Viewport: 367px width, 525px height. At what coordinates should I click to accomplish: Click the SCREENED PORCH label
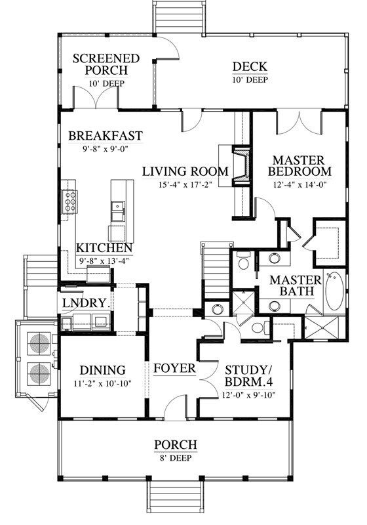pyautogui.click(x=106, y=64)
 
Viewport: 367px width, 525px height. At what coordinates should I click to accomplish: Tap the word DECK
pyautogui.click(x=250, y=67)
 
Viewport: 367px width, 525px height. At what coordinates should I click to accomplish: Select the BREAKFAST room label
pyautogui.click(x=106, y=136)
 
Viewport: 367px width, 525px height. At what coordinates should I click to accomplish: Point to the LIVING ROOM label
pyautogui.click(x=185, y=171)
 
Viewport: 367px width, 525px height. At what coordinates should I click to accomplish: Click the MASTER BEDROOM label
pyautogui.click(x=299, y=166)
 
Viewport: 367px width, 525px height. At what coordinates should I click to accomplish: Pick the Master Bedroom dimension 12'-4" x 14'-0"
pyautogui.click(x=299, y=184)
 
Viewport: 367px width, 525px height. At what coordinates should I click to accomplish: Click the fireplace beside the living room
pyautogui.click(x=241, y=166)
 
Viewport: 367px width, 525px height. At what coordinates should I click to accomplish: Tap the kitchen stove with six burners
pyautogui.click(x=69, y=201)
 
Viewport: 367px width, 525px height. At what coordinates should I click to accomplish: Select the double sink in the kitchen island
pyautogui.click(x=118, y=211)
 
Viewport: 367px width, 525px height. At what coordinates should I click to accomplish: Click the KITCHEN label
pyautogui.click(x=104, y=248)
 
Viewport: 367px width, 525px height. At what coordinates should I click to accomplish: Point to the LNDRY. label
pyautogui.click(x=87, y=303)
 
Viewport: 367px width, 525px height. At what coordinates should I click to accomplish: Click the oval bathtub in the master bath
pyautogui.click(x=334, y=291)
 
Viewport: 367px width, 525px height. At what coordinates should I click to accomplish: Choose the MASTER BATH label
pyautogui.click(x=295, y=285)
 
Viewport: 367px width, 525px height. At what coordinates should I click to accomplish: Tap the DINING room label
pyautogui.click(x=103, y=370)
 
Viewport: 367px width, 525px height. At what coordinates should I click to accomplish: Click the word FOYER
pyautogui.click(x=174, y=368)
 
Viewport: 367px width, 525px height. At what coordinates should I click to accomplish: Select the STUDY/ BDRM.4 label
pyautogui.click(x=248, y=376)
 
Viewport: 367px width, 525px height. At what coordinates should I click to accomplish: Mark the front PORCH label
pyautogui.click(x=176, y=445)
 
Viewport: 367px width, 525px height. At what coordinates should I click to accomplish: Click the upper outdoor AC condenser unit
pyautogui.click(x=39, y=343)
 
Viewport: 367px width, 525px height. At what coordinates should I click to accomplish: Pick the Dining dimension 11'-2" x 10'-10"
pyautogui.click(x=103, y=383)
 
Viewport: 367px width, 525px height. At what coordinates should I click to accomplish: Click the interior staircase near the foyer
pyautogui.click(x=216, y=271)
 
